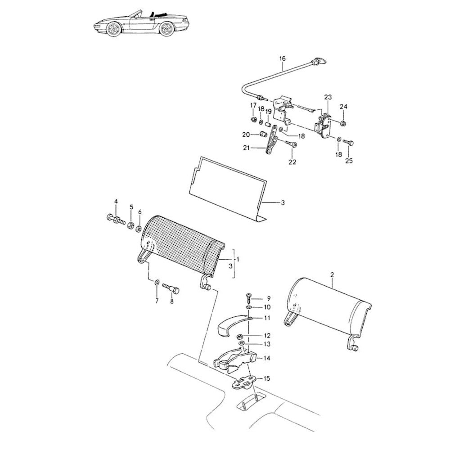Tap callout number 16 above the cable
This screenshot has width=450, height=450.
(283, 59)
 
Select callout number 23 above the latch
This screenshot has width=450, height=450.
(328, 97)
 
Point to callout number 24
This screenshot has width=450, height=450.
(344, 107)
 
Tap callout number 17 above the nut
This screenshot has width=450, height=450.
(253, 105)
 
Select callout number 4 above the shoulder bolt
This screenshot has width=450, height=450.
(116, 201)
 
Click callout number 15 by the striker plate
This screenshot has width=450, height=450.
(267, 378)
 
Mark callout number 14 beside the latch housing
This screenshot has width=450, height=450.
(267, 358)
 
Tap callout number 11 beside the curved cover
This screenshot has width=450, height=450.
(267, 318)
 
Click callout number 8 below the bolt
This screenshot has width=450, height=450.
(171, 301)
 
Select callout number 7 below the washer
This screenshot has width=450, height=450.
(157, 301)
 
